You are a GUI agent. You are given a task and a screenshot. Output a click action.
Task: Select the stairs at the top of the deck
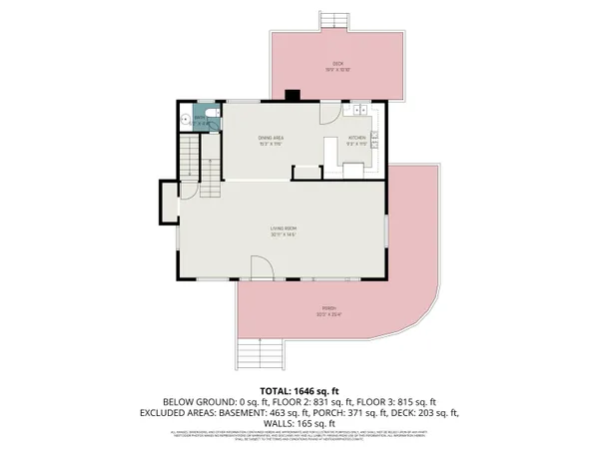pos(333,20)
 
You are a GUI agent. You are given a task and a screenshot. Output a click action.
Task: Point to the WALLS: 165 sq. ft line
pos(299,423)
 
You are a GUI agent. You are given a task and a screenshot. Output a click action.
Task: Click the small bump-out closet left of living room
pos(167,205)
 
